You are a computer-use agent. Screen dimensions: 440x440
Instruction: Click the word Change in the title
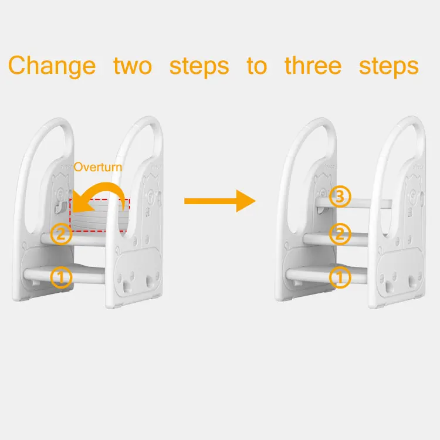pos(52,65)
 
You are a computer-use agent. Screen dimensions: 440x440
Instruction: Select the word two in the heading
pos(133,65)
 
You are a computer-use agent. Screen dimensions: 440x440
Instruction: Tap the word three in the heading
pos(313,65)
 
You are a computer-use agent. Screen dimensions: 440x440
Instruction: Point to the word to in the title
pos(256,66)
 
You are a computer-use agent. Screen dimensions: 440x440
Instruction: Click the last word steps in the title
pos(389,66)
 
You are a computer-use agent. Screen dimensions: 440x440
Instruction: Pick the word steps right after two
pos(199,66)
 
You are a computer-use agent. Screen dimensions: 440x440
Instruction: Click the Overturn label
pos(98,167)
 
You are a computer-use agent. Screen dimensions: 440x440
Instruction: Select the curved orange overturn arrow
pos(103,194)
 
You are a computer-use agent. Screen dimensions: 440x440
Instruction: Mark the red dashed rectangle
pos(100,215)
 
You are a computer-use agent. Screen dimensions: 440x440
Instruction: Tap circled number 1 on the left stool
pos(61,277)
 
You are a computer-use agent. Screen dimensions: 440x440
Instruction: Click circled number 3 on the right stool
pos(340,197)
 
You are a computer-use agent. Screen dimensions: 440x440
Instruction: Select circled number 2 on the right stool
pos(340,235)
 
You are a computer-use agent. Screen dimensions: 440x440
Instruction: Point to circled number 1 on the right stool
pos(340,277)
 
